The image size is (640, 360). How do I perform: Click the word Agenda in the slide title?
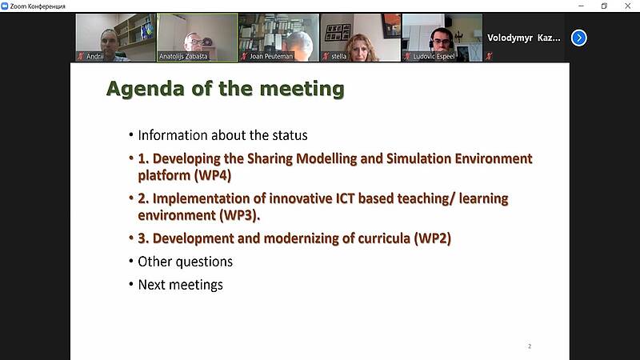point(145,90)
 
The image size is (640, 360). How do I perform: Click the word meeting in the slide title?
point(302,90)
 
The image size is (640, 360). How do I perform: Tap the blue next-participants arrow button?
point(578,38)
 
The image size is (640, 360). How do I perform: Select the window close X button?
point(628,6)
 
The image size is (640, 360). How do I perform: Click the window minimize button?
point(581,6)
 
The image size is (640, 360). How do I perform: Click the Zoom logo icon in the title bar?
point(5,6)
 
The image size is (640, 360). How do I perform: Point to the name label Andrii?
point(94,56)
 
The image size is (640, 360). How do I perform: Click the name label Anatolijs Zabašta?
point(183,56)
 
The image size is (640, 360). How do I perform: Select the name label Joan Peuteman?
point(271,56)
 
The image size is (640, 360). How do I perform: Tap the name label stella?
point(338,56)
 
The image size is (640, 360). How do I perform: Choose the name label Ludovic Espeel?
point(434,56)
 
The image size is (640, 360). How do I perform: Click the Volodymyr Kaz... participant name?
point(524,38)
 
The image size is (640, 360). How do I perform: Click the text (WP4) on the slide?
point(212,175)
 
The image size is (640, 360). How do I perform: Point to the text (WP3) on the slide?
point(238,215)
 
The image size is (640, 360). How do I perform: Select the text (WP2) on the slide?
point(432,238)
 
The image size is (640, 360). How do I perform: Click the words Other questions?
point(186,262)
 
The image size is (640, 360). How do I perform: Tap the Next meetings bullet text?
point(181,285)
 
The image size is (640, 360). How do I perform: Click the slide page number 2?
point(530,346)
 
